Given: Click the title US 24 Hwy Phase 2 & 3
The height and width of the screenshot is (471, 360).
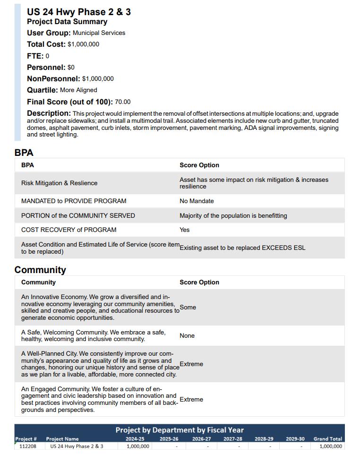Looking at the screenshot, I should [x=79, y=12].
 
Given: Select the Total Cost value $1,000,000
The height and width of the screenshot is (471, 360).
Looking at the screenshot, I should [x=83, y=44].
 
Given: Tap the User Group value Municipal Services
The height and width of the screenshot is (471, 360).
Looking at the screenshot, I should [x=99, y=33].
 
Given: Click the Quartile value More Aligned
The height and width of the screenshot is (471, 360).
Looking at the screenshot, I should [x=78, y=90].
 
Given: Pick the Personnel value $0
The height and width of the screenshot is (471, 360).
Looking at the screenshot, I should [x=71, y=68].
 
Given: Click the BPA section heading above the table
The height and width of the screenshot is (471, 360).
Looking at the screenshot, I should [x=24, y=153].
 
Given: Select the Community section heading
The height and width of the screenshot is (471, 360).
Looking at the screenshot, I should [x=40, y=270].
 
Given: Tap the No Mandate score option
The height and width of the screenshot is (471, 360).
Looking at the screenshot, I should [x=197, y=201].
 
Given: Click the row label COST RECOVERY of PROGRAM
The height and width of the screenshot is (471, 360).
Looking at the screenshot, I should [x=69, y=230].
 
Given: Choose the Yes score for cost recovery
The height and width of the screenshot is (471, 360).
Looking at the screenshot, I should [x=184, y=230].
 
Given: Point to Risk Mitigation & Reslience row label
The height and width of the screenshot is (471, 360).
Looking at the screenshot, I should [x=59, y=183].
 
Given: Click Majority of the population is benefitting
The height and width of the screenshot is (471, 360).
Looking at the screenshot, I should [x=233, y=216].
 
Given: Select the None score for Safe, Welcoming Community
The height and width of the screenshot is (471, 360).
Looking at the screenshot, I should [x=187, y=336].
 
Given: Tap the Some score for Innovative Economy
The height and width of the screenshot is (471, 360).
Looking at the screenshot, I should [x=188, y=308].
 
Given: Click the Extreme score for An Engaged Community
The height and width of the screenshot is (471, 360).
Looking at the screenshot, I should [x=191, y=400].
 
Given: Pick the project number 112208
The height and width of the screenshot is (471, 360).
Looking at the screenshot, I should [x=28, y=446].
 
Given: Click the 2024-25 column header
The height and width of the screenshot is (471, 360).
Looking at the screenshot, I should [x=135, y=439].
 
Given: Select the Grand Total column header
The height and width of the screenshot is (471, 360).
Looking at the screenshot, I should [x=327, y=439].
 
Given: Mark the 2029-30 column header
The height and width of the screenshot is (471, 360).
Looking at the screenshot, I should [x=295, y=439].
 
